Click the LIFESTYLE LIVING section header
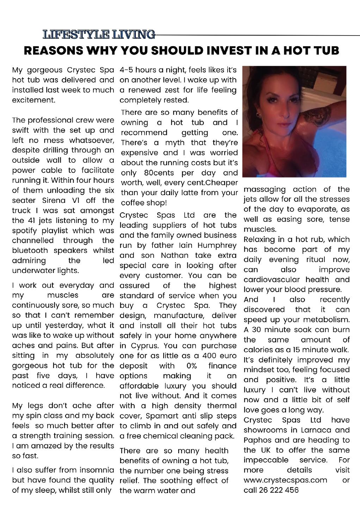pos(99,35)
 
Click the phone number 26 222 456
pos(279,490)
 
